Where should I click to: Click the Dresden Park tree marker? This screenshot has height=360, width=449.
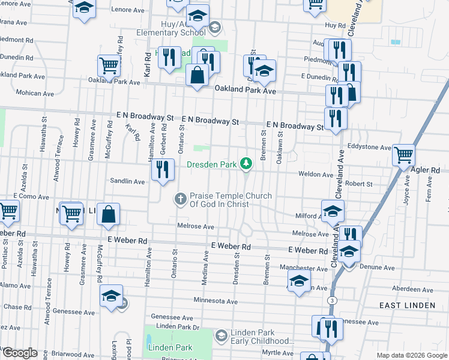pos(246,163)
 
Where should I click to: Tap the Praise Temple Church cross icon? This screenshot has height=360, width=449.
pos(181,199)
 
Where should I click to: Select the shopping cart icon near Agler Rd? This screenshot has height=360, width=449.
pos(403,155)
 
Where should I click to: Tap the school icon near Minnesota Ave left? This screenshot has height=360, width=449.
pos(111,296)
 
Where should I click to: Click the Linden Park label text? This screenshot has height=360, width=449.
pos(170,347)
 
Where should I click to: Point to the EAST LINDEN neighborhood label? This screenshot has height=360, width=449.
pos(408,305)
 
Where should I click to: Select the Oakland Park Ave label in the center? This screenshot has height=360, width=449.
pos(246,90)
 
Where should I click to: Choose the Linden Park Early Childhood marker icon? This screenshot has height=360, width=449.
pos(221,334)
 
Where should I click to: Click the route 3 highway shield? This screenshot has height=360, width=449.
pos(331,299)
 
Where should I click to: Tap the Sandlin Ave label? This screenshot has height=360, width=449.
pos(127,181)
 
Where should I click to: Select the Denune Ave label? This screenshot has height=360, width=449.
pos(378,268)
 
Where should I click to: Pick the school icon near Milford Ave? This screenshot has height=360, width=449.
pos(333,211)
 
